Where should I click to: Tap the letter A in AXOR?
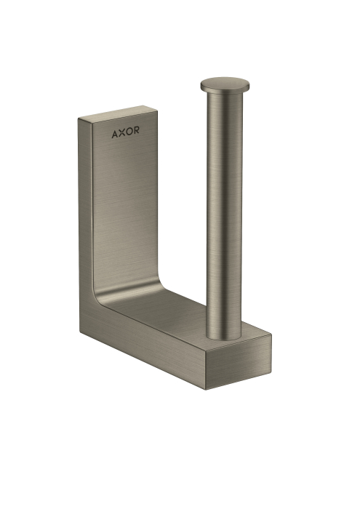(x=115, y=134)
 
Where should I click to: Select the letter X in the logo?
(x=121, y=132)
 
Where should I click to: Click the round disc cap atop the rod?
(x=225, y=84)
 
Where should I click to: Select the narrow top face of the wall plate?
(x=118, y=113)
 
